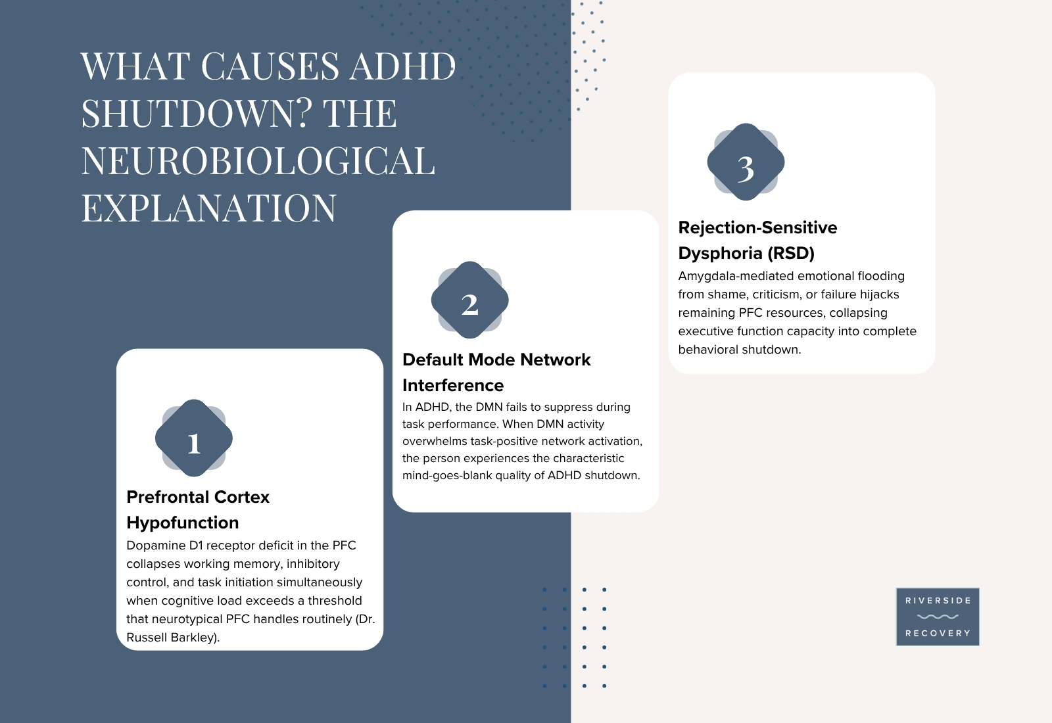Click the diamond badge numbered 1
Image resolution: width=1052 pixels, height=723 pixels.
click(194, 438)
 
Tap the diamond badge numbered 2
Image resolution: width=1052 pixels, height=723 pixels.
click(469, 300)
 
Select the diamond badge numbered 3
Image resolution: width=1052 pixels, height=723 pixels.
click(746, 162)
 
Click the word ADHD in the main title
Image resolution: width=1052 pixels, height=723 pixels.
click(402, 66)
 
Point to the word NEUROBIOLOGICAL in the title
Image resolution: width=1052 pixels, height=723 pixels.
click(258, 160)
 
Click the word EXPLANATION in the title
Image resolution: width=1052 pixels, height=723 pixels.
click(209, 208)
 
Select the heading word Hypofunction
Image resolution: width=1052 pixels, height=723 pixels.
click(183, 523)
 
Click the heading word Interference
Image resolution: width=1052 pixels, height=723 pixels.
click(453, 385)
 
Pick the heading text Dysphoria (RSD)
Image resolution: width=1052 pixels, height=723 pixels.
click(746, 254)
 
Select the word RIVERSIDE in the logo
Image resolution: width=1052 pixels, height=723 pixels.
click(938, 601)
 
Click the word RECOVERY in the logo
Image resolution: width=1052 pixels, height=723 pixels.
click(938, 634)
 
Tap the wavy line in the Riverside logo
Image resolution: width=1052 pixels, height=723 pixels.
click(938, 617)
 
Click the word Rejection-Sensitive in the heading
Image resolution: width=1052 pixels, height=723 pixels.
click(757, 227)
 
